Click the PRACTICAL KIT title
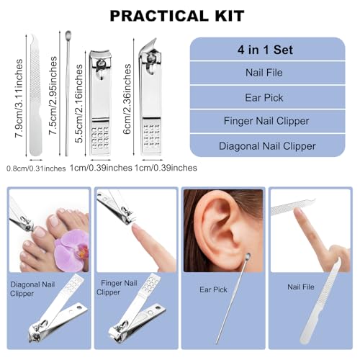tap(180, 15)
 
